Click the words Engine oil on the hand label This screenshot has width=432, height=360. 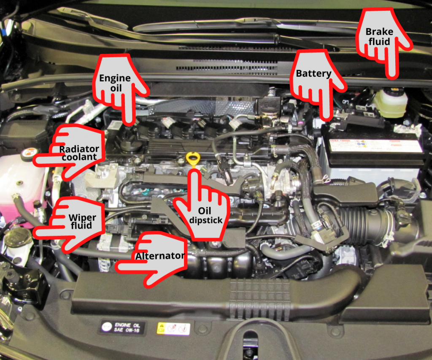click(115, 83)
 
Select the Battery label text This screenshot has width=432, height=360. click(313, 74)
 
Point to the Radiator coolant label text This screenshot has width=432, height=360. click(78, 153)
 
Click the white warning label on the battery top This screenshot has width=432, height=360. click(375, 145)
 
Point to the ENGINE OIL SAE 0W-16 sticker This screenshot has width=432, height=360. click(122, 327)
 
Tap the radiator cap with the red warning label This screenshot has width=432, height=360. click(29, 154)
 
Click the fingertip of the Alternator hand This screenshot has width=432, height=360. click(119, 267)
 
